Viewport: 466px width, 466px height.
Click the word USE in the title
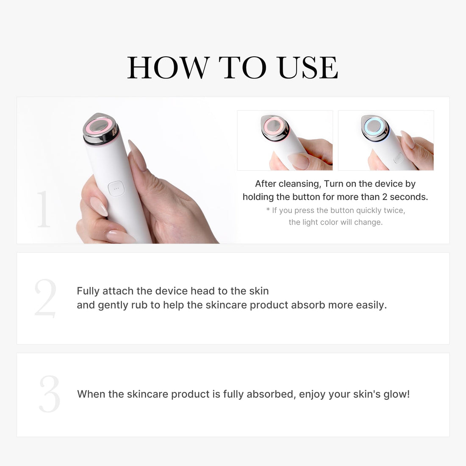pos(308,68)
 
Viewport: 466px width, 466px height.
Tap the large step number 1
pos(44,209)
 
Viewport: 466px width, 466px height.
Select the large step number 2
pos(45,298)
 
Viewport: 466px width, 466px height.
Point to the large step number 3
pos(50,394)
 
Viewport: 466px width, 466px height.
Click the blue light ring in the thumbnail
pos(374,126)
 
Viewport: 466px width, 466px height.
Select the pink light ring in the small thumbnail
pos(275,125)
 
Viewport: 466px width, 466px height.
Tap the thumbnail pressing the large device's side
pos(98,206)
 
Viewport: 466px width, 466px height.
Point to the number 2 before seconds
pos(385,197)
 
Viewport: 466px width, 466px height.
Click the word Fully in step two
pos(88,291)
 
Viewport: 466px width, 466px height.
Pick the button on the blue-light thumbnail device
pos(398,158)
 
